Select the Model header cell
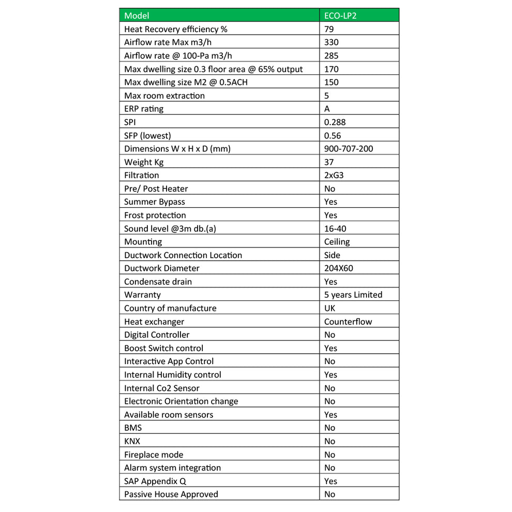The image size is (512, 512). pyautogui.click(x=137, y=16)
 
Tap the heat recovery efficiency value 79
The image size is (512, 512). pyautogui.click(x=329, y=29)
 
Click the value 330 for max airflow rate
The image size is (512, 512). pyautogui.click(x=332, y=42)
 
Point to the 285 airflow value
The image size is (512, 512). pyautogui.click(x=332, y=55)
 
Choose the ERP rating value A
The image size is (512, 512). pyautogui.click(x=327, y=109)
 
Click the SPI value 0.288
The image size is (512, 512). pyautogui.click(x=335, y=122)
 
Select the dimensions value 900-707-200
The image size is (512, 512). pyautogui.click(x=349, y=148)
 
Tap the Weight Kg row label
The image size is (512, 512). pyautogui.click(x=144, y=162)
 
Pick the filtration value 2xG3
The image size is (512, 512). pyautogui.click(x=334, y=175)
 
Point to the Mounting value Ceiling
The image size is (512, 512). pyautogui.click(x=337, y=242)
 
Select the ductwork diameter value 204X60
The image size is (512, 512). pyautogui.click(x=339, y=268)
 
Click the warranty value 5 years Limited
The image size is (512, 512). pyautogui.click(x=353, y=295)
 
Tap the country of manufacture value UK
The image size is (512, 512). pyautogui.click(x=329, y=308)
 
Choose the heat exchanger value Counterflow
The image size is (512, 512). pyautogui.click(x=348, y=321)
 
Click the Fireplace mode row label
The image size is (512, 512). pyautogui.click(x=154, y=455)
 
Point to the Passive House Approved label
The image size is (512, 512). pyautogui.click(x=171, y=494)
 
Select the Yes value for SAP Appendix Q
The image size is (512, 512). pyautogui.click(x=330, y=481)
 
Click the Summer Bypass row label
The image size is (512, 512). pyautogui.click(x=155, y=202)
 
